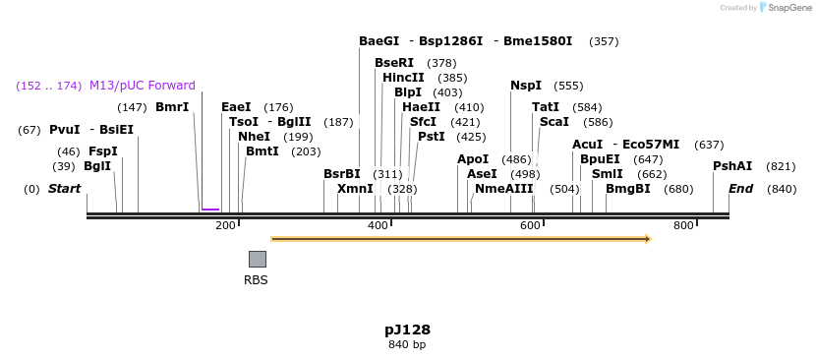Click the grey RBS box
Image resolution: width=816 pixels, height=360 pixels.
click(x=257, y=259)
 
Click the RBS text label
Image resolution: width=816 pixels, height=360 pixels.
click(x=256, y=279)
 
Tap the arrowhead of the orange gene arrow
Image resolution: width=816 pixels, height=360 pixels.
click(x=646, y=238)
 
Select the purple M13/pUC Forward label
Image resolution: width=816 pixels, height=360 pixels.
click(x=143, y=86)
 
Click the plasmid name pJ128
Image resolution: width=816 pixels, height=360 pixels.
click(x=407, y=330)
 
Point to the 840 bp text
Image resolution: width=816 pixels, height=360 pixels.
click(x=407, y=344)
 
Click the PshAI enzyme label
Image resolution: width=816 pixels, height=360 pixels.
click(x=731, y=166)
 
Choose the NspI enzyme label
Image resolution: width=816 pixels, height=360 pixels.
click(x=526, y=86)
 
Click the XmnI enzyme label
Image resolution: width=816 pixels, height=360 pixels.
click(x=355, y=188)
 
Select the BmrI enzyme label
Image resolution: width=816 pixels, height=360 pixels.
click(x=172, y=107)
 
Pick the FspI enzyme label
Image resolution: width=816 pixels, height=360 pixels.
click(x=102, y=151)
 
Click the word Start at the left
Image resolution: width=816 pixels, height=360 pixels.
click(x=65, y=188)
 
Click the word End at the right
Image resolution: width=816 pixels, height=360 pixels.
click(x=741, y=188)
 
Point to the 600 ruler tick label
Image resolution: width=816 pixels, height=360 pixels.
click(x=531, y=226)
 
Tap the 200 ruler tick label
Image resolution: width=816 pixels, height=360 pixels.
click(x=225, y=226)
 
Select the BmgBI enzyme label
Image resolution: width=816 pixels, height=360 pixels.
click(x=627, y=188)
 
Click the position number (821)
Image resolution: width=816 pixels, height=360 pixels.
click(x=781, y=166)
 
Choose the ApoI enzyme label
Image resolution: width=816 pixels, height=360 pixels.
click(x=473, y=159)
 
